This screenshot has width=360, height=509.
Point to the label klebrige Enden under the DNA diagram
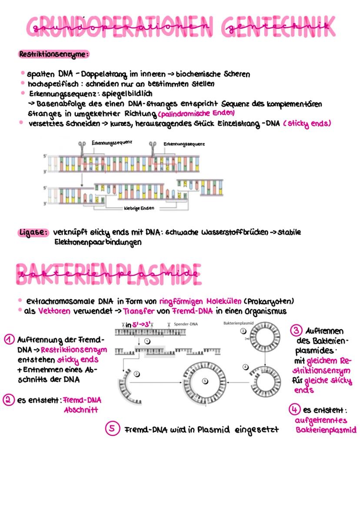[x=139, y=208]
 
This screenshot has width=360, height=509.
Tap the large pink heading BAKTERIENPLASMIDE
[x=109, y=274]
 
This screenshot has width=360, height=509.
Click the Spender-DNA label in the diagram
[x=188, y=325]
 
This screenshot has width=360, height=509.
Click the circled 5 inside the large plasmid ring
[x=205, y=381]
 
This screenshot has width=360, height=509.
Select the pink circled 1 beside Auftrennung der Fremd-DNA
[x=8, y=339]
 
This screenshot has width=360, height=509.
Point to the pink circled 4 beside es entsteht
[x=294, y=410]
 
